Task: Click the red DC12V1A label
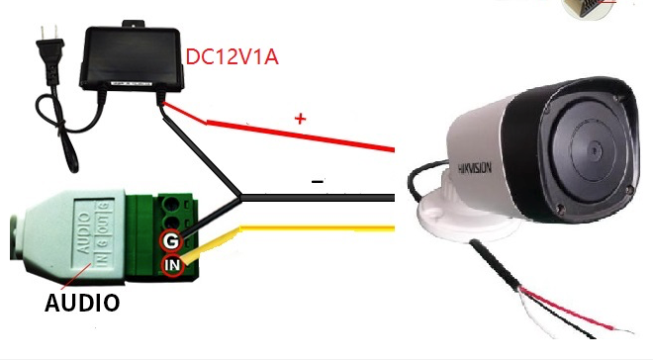click(232, 56)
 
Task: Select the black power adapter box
click(133, 58)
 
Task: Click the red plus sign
click(301, 119)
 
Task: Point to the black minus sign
click(317, 181)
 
